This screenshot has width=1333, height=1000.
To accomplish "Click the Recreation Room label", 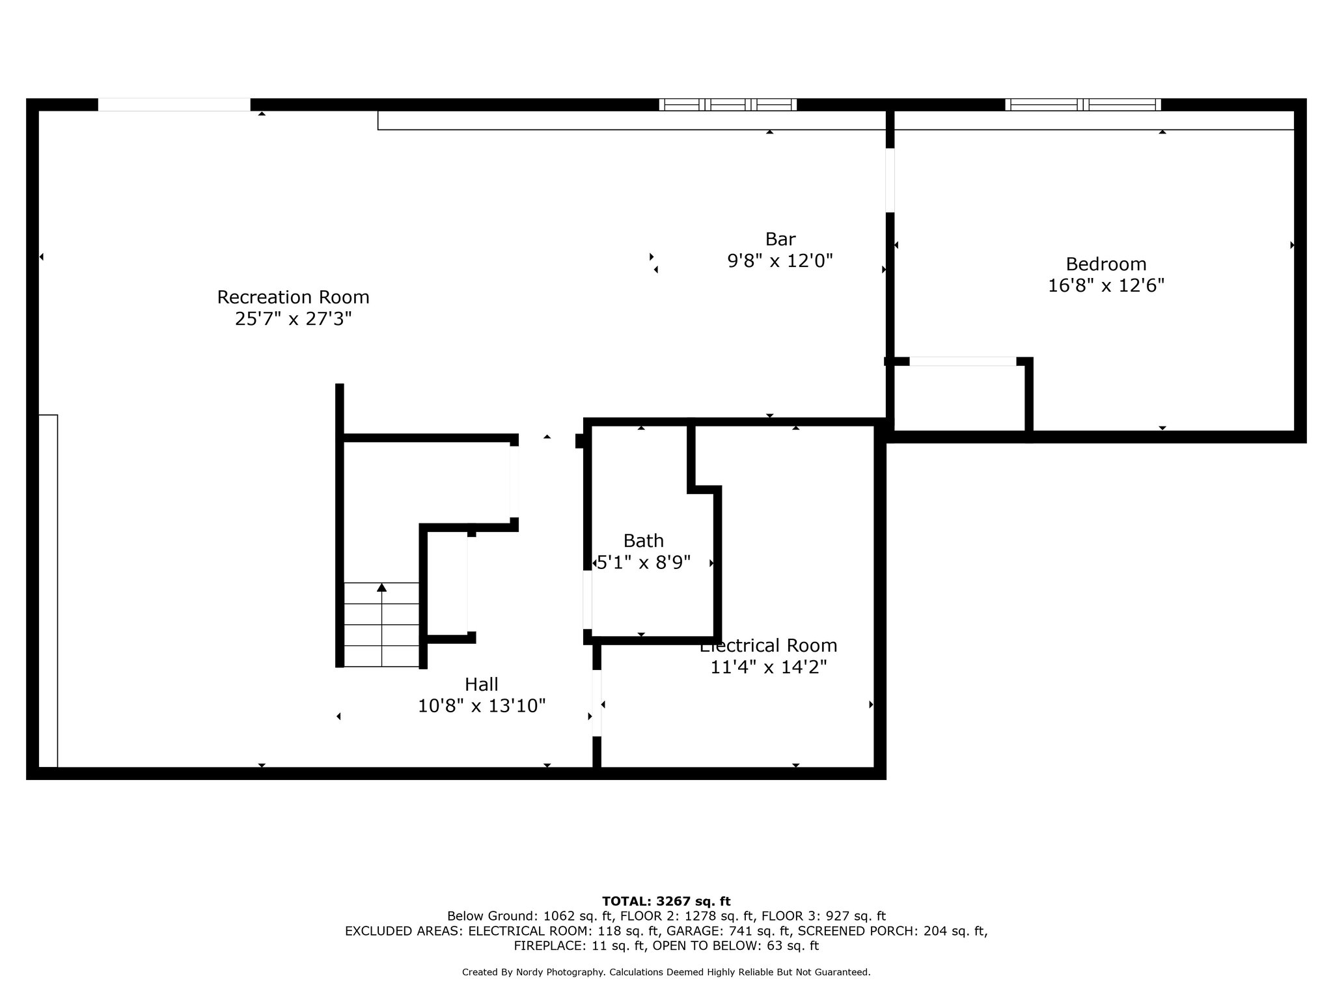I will tap(293, 298).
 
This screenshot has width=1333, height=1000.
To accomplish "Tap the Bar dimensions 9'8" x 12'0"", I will tap(780, 261).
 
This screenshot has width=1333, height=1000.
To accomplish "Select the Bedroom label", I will tap(1106, 264).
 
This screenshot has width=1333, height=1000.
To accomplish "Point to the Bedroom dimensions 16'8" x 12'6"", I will tap(1106, 286).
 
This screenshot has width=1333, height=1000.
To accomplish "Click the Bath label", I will tap(643, 541).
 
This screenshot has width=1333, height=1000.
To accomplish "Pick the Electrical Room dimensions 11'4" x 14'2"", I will tap(768, 667).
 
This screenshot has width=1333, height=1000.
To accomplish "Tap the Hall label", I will tap(481, 684).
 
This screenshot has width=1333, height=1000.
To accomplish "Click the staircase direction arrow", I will tap(382, 588).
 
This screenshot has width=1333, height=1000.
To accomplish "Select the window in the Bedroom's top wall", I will tap(1082, 105).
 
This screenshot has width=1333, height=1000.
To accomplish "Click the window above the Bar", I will tap(728, 105).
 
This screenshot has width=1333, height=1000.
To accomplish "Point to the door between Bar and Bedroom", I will tap(890, 180).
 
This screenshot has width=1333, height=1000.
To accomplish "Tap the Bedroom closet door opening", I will tap(963, 361).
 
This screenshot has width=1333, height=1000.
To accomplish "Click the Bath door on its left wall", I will tap(587, 600).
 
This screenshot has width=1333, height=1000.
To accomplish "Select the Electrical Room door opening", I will tap(597, 703).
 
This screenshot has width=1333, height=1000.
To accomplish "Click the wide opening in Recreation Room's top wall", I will tap(174, 105).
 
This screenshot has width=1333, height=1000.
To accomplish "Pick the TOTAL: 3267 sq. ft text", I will tap(666, 902).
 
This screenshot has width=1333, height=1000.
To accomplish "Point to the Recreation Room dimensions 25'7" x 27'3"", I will tap(293, 319).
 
